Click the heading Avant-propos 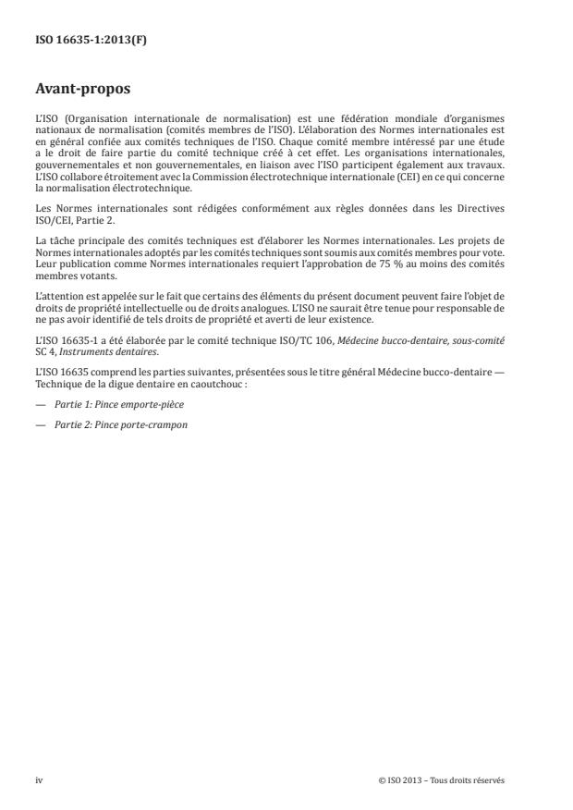pos(81,92)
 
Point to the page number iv pos(39,780)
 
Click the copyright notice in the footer pos(442,780)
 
